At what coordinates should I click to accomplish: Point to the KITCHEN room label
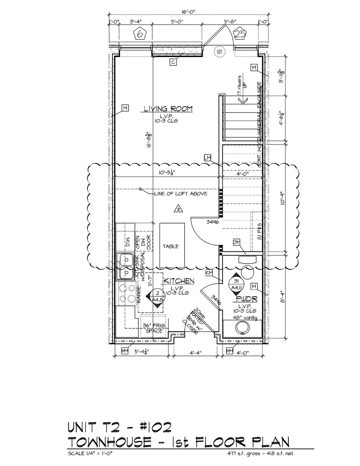coord(179,281)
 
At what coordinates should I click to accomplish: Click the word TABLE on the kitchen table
coord(171,246)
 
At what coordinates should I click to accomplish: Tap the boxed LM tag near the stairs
coord(209,158)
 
